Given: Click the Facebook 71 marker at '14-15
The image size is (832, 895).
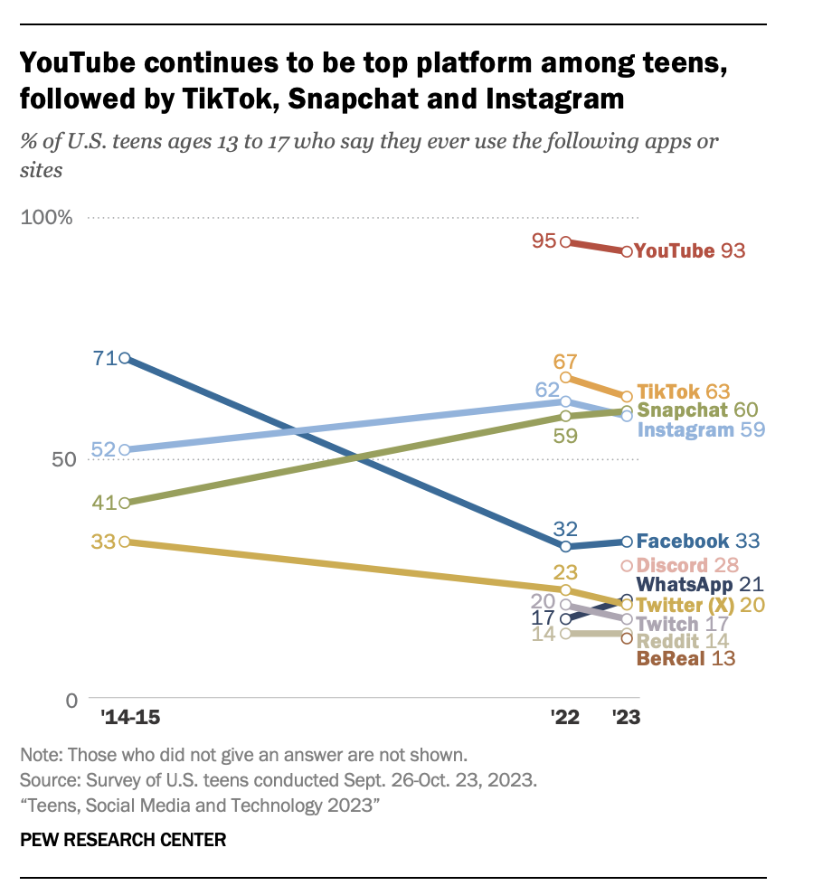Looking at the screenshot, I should [x=125, y=359].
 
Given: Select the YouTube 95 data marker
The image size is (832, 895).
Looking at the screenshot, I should [x=566, y=241].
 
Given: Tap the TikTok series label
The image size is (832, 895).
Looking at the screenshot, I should [x=668, y=391].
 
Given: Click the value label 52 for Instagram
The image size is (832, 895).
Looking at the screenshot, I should [x=104, y=449].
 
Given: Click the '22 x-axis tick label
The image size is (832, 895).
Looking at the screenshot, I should [x=565, y=719].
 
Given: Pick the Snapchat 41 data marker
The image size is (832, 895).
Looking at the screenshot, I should [x=125, y=503].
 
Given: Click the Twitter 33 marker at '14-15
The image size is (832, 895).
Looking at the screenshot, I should [x=125, y=542].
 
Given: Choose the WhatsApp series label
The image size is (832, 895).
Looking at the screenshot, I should [x=685, y=585].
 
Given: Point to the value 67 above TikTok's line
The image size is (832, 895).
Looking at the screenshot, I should [x=566, y=360].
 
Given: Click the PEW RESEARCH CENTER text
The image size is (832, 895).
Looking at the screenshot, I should [x=123, y=840].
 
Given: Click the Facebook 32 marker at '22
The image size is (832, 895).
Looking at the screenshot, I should [x=566, y=546].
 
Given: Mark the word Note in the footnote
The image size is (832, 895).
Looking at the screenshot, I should [x=39, y=753].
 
